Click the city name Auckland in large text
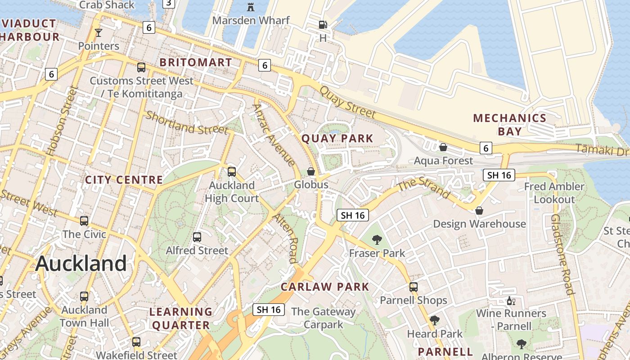[81, 264]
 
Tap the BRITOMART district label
[196, 63]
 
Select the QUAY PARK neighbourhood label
[337, 139]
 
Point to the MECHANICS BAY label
[509, 125]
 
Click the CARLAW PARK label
[325, 287]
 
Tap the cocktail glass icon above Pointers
[99, 33]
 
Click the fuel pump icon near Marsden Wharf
[323, 25]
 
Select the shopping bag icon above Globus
[310, 171]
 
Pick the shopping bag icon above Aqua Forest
[443, 147]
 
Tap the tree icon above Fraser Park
[377, 240]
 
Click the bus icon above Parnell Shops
[414, 287]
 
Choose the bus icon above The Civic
[84, 221]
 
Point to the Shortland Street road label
[187, 123]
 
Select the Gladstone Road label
[563, 254]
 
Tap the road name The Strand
[424, 188]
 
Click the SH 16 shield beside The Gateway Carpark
[269, 310]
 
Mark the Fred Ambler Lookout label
[554, 193]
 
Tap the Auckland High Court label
[232, 192]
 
